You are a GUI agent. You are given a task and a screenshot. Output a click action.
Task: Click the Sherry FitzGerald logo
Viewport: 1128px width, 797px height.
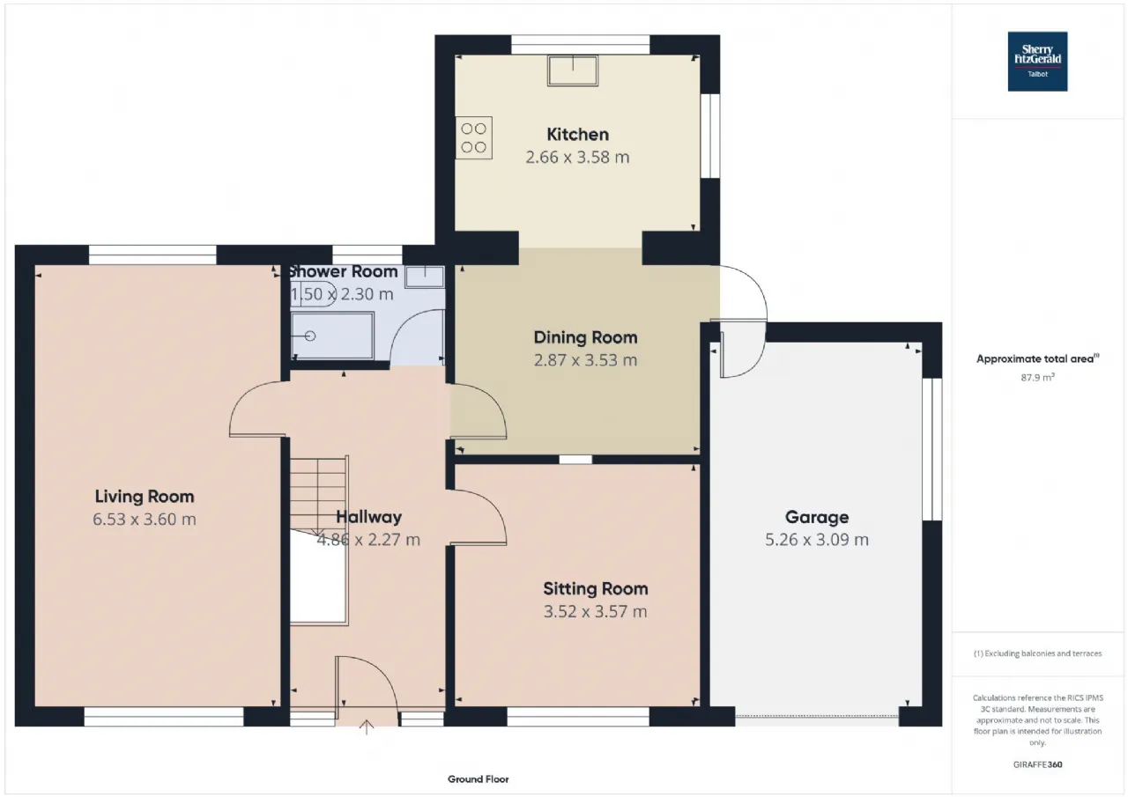pos(1037,62)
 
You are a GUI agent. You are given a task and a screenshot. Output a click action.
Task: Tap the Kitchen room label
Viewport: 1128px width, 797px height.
pos(577,135)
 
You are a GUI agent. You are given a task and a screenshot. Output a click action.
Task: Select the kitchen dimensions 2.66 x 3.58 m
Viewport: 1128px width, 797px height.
pos(577,157)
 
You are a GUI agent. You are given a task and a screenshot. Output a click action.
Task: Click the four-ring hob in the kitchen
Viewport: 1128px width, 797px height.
pos(474,138)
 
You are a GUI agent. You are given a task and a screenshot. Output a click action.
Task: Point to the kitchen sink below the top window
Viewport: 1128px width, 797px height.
pos(573,70)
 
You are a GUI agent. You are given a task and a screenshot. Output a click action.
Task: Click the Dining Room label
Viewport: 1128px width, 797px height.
pos(586,337)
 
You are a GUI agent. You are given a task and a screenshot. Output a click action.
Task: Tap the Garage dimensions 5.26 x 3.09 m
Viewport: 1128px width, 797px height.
pos(817,539)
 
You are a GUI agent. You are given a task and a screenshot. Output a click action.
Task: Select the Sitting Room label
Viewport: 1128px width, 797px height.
pos(596,588)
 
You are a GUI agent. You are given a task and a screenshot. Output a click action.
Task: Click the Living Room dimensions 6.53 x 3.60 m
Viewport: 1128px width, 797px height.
pos(145,519)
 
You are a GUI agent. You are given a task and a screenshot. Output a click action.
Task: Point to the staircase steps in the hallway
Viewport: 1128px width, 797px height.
pos(318,496)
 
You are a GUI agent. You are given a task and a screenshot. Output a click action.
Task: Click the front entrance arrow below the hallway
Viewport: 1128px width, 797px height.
pos(367,727)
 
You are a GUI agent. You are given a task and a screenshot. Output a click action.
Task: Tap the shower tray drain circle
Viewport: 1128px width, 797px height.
pos(310,336)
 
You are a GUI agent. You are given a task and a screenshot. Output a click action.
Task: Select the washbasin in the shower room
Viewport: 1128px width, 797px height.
pos(425,277)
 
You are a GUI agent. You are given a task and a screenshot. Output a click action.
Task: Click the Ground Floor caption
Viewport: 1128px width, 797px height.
pos(479,779)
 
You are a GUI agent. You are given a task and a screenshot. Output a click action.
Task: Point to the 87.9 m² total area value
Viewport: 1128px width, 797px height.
pos(1037,378)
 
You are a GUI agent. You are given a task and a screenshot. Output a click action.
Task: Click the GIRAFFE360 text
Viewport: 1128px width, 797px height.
pos(1038,764)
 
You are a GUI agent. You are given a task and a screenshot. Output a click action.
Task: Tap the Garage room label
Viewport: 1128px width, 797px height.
pos(817,517)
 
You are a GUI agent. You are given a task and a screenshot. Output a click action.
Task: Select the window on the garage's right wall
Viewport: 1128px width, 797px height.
pos(932,449)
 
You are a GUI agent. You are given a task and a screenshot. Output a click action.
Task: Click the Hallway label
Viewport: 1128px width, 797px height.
pos(369,517)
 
